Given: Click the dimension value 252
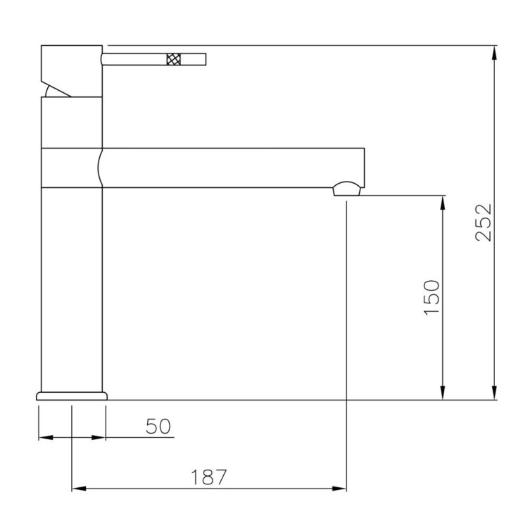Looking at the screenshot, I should [x=484, y=222].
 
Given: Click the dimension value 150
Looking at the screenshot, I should [x=432, y=296].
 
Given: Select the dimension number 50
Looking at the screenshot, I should [x=158, y=426].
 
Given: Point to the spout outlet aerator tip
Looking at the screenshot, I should [x=347, y=188].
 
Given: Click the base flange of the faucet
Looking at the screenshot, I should [x=72, y=396].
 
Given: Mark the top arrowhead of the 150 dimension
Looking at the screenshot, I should [x=442, y=202].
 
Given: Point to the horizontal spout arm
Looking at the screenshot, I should [x=232, y=168].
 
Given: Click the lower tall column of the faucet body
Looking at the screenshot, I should [x=72, y=289].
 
